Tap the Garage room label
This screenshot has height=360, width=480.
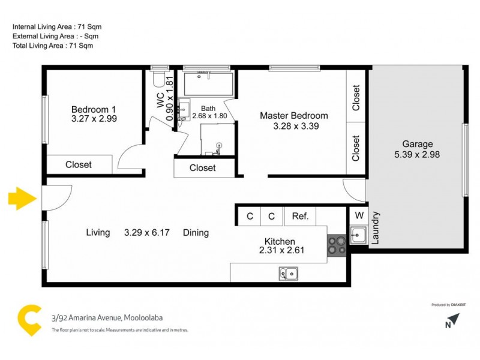coord(417,144)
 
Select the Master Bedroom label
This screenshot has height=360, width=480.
coord(293,116)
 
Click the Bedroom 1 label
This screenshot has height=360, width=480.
coord(94,109)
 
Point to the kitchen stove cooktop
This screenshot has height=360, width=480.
coord(335,246)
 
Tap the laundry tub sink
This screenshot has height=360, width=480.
coord(358,235)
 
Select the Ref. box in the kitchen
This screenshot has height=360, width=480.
coord(300,217)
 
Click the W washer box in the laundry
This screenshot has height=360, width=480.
coord(359,215)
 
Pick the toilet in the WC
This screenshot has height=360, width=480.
coord(157,79)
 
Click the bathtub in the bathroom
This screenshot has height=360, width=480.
coord(208,84)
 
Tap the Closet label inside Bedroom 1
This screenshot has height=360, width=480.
coord(79,164)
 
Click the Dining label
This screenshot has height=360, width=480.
coord(196,233)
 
